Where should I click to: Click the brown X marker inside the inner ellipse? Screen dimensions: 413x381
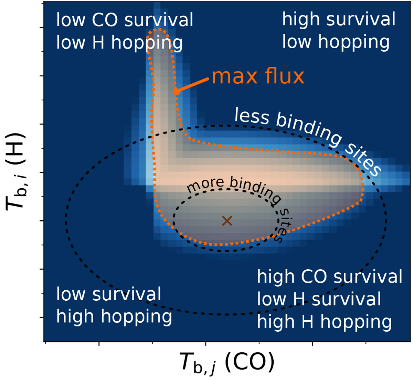(x=227, y=221)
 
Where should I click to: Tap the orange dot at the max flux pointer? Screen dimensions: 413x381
(x=177, y=92)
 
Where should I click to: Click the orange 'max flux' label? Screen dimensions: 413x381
(x=258, y=76)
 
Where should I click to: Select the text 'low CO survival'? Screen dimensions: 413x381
(x=125, y=20)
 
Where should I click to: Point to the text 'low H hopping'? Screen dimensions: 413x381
(x=119, y=43)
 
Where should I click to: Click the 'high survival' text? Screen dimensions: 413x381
(x=339, y=19)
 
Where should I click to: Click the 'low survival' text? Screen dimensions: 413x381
(x=108, y=294)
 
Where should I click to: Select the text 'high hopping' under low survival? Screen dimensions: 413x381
(x=114, y=317)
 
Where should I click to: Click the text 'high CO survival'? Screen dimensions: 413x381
(x=330, y=277)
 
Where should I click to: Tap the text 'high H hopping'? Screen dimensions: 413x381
(x=324, y=322)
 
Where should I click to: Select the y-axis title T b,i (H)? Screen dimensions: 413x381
(x=15, y=172)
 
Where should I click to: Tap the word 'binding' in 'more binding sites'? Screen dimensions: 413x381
(x=255, y=190)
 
